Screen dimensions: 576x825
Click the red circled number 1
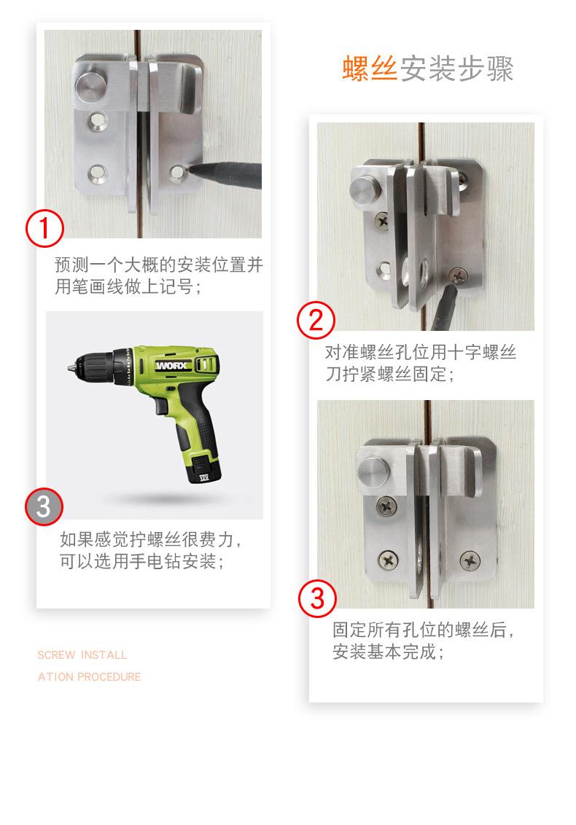(44, 228)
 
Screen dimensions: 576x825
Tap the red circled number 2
(316, 320)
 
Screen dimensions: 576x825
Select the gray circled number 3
(44, 507)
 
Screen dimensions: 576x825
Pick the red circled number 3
(317, 598)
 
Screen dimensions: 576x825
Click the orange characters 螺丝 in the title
(370, 68)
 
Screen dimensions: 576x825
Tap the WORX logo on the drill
(172, 365)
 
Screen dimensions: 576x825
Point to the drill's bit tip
(69, 368)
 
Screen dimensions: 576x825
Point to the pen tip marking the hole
(190, 170)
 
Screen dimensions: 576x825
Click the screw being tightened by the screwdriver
(458, 275)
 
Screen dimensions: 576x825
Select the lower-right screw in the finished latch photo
(470, 561)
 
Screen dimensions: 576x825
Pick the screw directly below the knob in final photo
(387, 507)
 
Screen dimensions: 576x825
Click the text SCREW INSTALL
(82, 655)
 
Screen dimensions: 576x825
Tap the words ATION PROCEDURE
(90, 676)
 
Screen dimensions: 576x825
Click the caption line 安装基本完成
(388, 652)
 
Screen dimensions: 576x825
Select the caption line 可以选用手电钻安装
(141, 561)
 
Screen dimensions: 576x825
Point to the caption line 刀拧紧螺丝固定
(389, 374)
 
